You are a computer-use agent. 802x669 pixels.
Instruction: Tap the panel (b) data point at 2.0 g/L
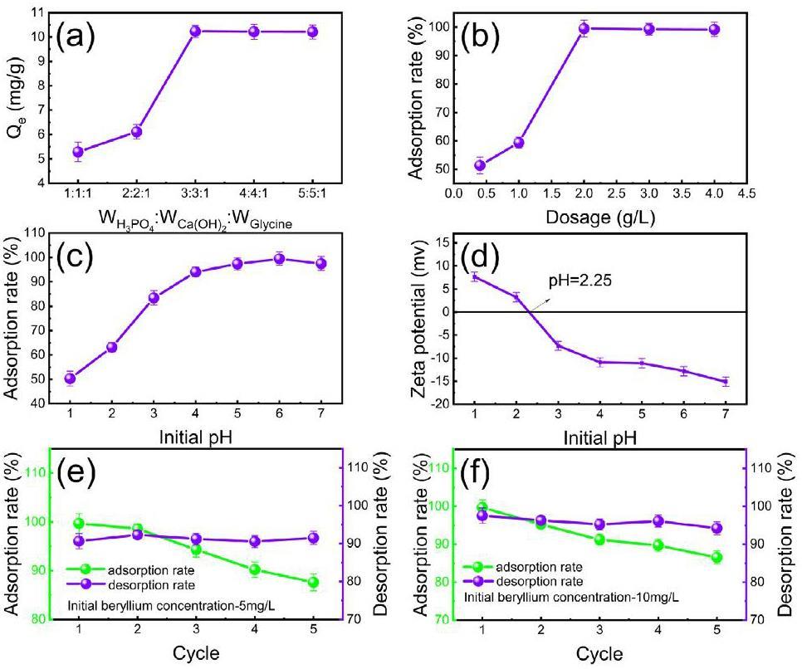[x=584, y=29]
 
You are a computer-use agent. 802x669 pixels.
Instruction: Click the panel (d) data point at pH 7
[x=724, y=382]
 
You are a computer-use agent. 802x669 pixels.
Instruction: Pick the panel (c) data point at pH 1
[x=71, y=378]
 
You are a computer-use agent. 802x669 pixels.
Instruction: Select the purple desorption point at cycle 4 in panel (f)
[x=658, y=521]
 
